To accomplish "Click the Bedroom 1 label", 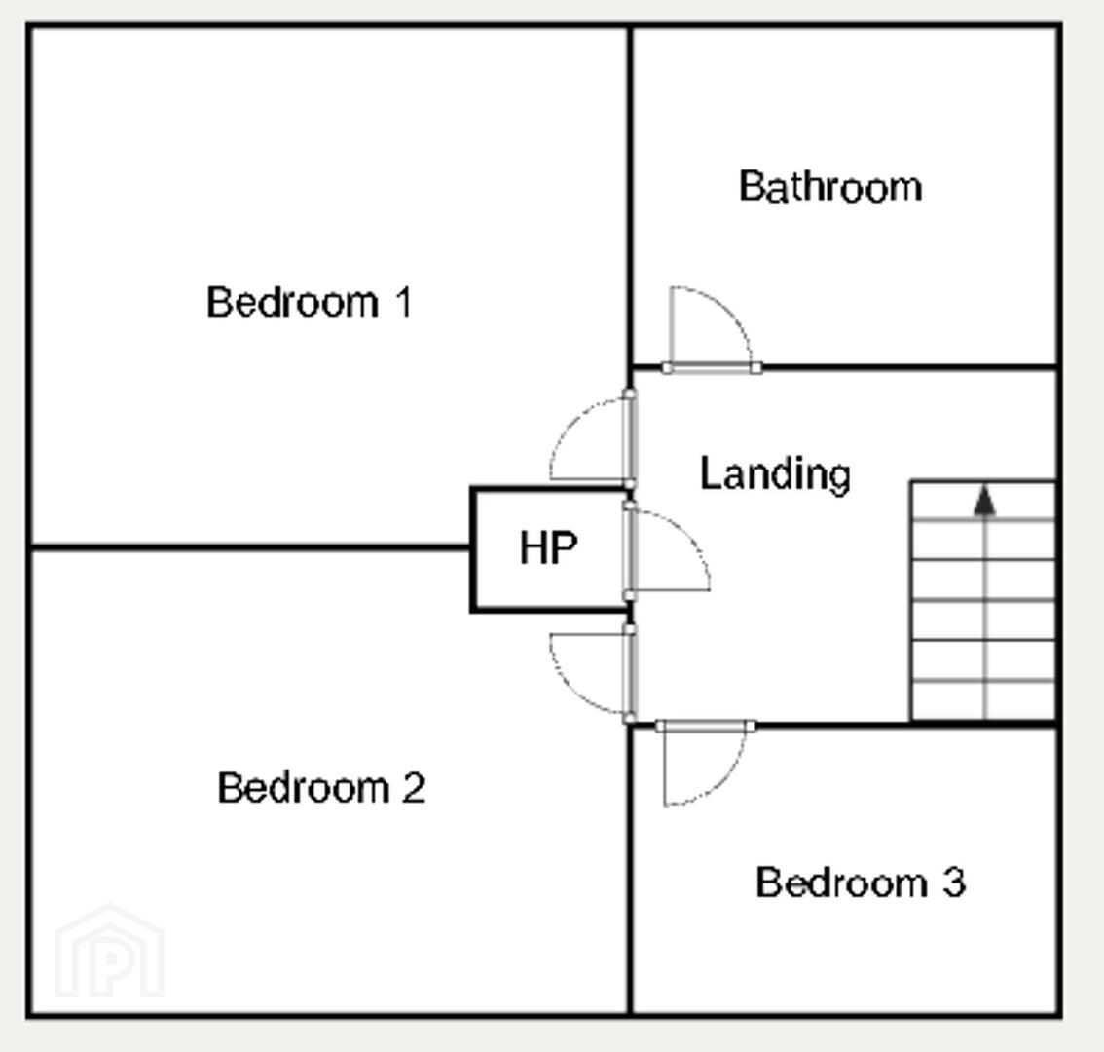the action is coord(309,302).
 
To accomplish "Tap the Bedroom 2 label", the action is coord(321,787).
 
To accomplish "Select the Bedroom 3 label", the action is coord(861,883).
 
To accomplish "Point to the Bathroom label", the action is coord(830,187).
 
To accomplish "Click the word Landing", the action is coord(775,474).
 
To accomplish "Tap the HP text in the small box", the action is coord(548,547).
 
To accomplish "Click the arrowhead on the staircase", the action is coord(984,500).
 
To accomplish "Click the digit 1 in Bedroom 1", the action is coord(404,302).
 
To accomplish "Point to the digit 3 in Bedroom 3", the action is coord(954,883).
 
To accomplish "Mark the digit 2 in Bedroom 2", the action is coord(414,787).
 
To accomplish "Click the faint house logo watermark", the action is coord(109,950).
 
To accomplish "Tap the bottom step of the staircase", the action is coord(983,701).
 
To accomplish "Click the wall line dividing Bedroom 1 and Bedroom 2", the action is coord(250,546).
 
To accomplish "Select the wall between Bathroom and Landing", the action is coord(909,367).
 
